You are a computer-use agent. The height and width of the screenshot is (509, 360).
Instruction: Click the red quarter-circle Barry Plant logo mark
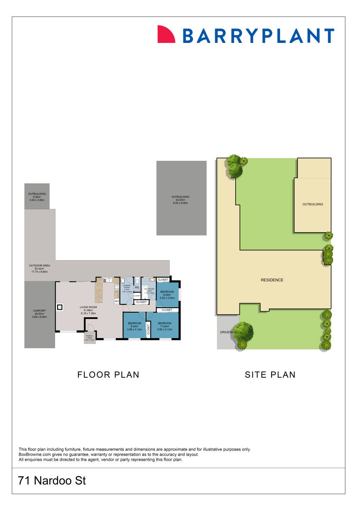pyautogui.click(x=166, y=35)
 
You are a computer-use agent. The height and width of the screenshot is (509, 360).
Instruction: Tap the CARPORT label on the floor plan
pyautogui.click(x=40, y=311)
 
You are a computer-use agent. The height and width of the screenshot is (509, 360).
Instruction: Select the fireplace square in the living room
pyautogui.click(x=60, y=308)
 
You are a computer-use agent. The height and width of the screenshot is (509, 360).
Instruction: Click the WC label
pyautogui.click(x=137, y=287)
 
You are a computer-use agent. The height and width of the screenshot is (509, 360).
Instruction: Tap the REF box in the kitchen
pyautogui.click(x=117, y=301)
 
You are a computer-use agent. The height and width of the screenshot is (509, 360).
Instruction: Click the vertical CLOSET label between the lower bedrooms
pyautogui.click(x=148, y=330)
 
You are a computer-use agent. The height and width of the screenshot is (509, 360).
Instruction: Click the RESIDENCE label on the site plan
pyautogui.click(x=272, y=280)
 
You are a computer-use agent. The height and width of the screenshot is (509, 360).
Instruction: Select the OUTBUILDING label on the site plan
pyautogui.click(x=313, y=204)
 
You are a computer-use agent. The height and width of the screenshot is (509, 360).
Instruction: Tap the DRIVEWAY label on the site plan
pyautogui.click(x=226, y=332)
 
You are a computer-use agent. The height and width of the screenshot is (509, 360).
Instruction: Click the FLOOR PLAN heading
pyautogui.click(x=108, y=375)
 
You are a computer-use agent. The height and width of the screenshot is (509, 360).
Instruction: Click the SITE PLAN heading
pyautogui.click(x=270, y=375)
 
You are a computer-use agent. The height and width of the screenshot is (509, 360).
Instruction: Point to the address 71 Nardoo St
pyautogui.click(x=52, y=481)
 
